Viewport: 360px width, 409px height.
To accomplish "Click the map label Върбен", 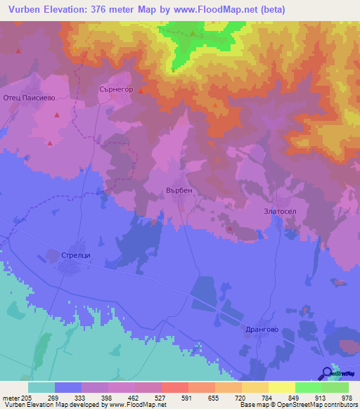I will point(179,190).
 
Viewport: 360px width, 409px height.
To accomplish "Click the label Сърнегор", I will point(115,90).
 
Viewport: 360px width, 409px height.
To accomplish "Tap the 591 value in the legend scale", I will point(167,397).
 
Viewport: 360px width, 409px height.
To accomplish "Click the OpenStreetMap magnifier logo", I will point(327,374).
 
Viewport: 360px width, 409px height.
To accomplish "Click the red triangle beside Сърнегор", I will point(141,91).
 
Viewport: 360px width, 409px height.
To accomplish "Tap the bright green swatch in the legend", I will point(308,387).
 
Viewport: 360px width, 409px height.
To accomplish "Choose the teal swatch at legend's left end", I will point(41,387).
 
